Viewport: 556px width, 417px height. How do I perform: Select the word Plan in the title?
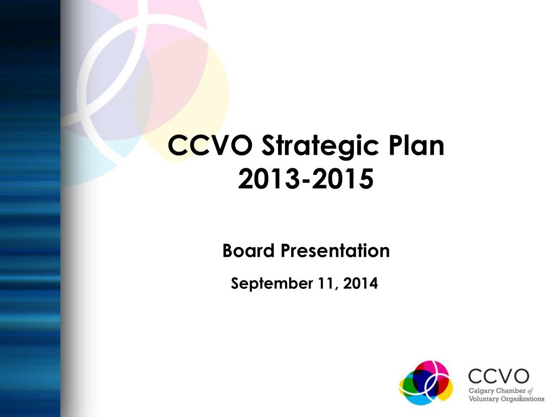417,146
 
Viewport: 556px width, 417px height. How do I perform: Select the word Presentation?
334,251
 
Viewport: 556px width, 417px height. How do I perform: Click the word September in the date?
270,283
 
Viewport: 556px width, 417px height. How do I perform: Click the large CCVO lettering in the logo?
498,376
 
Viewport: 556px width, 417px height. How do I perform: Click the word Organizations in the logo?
523,399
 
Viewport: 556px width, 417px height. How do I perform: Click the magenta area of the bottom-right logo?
438,369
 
